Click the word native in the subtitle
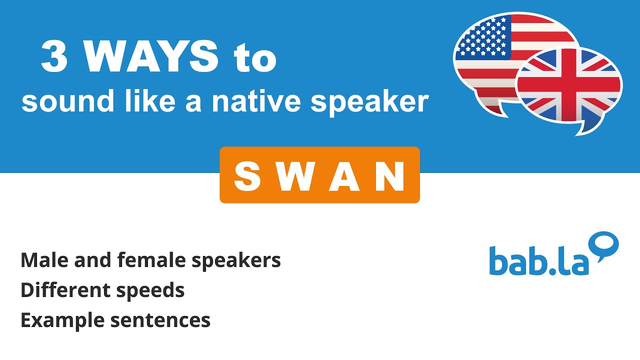(257, 101)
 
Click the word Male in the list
(43, 260)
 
